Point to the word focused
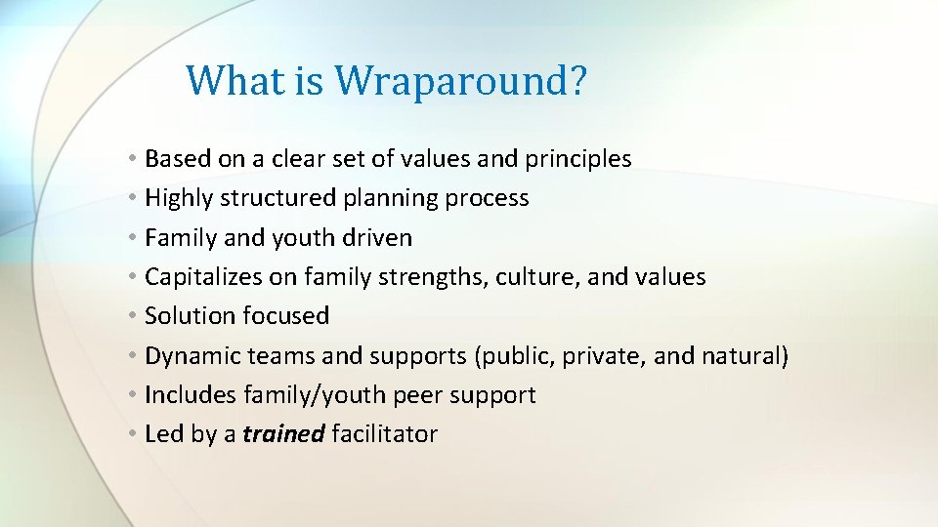tap(285, 316)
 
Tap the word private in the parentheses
tap(605, 356)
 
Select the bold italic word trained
tap(283, 434)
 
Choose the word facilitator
tap(385, 434)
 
